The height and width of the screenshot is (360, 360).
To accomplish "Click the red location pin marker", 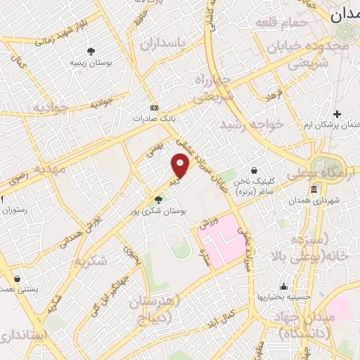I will click(181, 165).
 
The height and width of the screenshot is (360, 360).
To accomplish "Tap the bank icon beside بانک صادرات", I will click(155, 108).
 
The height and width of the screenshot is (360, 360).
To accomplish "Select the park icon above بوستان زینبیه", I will click(91, 51).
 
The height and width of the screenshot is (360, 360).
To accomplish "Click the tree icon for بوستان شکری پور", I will click(157, 200).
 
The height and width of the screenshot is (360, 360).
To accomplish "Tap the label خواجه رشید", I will click(251, 124).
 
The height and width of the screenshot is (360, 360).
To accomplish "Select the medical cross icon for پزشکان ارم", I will click(337, 114).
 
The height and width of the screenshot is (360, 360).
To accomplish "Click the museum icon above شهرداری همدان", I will click(314, 190).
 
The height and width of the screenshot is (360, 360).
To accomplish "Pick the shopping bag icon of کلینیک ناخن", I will click(254, 169).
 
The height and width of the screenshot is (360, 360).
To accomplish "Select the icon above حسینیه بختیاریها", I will click(283, 286).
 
